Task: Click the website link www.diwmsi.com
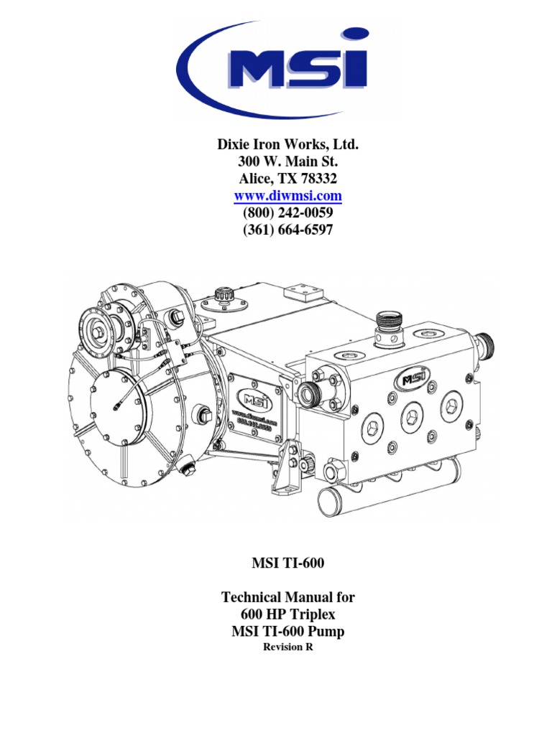click(287, 195)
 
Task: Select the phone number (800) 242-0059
click(287, 213)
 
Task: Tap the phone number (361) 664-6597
click(287, 230)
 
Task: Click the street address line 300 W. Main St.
click(287, 161)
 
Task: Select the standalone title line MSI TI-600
click(287, 563)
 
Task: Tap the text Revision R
click(287, 647)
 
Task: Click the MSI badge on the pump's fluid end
click(415, 376)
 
